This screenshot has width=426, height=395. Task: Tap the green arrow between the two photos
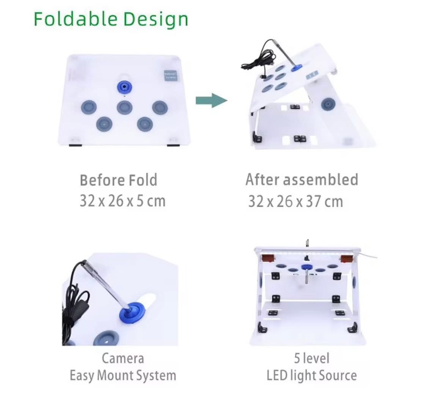coord(212,100)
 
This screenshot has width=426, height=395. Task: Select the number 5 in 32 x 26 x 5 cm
coord(140,201)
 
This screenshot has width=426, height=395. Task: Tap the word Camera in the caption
coord(123,358)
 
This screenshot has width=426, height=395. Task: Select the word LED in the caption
coord(277,376)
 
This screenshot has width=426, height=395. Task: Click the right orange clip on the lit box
coord(346,259)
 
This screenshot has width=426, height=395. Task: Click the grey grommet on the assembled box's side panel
coord(328,104)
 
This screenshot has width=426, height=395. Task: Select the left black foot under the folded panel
coord(75,146)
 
